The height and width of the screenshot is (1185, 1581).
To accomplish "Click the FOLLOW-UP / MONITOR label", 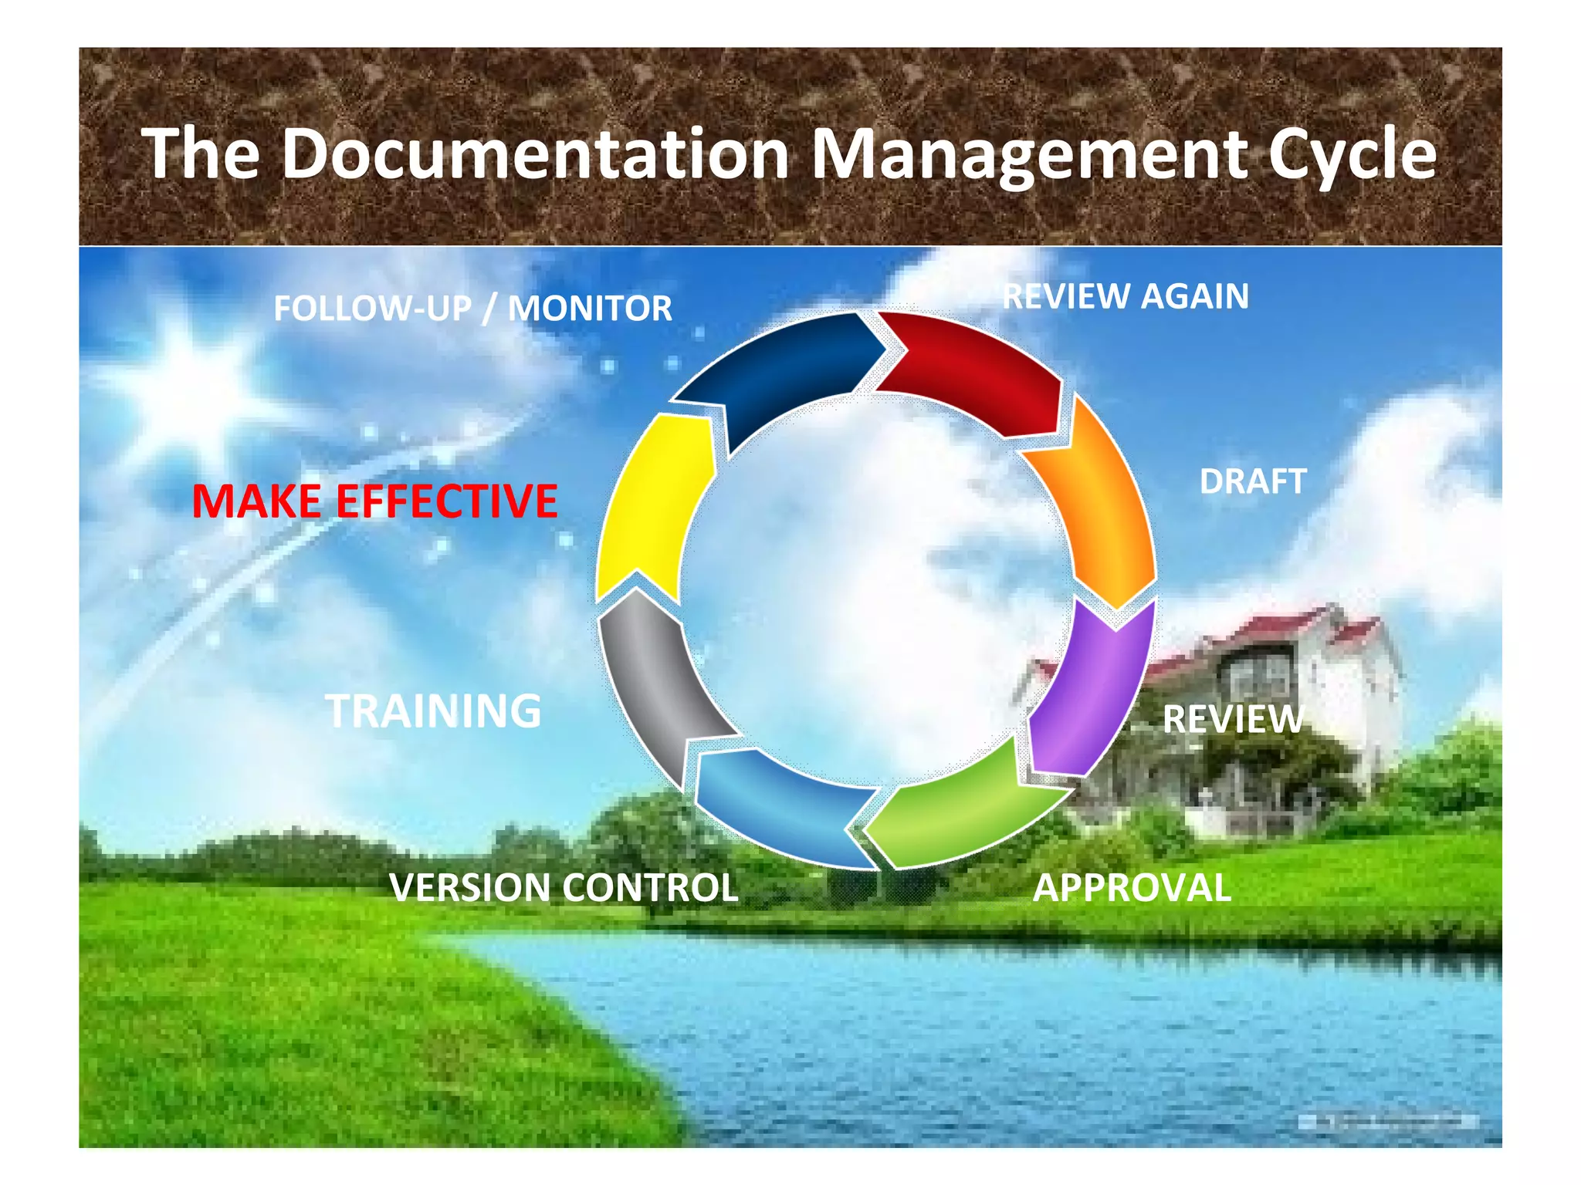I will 472,309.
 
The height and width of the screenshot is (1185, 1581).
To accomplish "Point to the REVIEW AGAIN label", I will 1125,296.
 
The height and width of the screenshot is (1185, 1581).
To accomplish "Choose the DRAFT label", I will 1252,481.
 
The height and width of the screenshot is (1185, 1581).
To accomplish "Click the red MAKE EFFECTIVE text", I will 374,501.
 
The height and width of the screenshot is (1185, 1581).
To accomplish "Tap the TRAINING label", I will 433,711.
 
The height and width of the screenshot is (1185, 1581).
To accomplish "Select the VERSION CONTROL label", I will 564,887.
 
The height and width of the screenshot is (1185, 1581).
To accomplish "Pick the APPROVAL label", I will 1132,887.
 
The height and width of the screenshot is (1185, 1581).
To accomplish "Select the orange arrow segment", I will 1104,509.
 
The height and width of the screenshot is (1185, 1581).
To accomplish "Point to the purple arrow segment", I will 1088,687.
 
